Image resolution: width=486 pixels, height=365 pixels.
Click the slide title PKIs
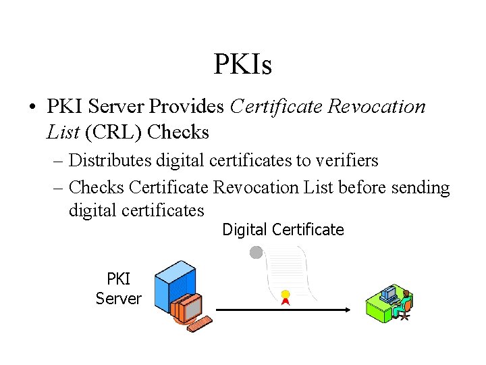click(x=242, y=66)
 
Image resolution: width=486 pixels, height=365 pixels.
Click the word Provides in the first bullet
click(x=187, y=106)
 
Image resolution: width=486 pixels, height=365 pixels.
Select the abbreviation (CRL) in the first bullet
click(x=113, y=132)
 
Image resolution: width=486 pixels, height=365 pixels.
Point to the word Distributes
click(x=111, y=161)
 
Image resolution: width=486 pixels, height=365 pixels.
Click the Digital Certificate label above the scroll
click(x=283, y=230)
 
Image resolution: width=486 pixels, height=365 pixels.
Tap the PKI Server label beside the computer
click(x=118, y=289)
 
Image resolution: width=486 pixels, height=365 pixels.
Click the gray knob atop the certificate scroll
click(x=256, y=253)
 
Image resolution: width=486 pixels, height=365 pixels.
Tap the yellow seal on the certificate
click(x=286, y=295)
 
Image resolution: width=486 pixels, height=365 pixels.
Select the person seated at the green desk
click(x=406, y=302)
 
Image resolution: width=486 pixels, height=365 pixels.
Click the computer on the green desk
click(x=388, y=293)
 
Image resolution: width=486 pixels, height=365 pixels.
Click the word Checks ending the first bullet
click(x=178, y=132)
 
